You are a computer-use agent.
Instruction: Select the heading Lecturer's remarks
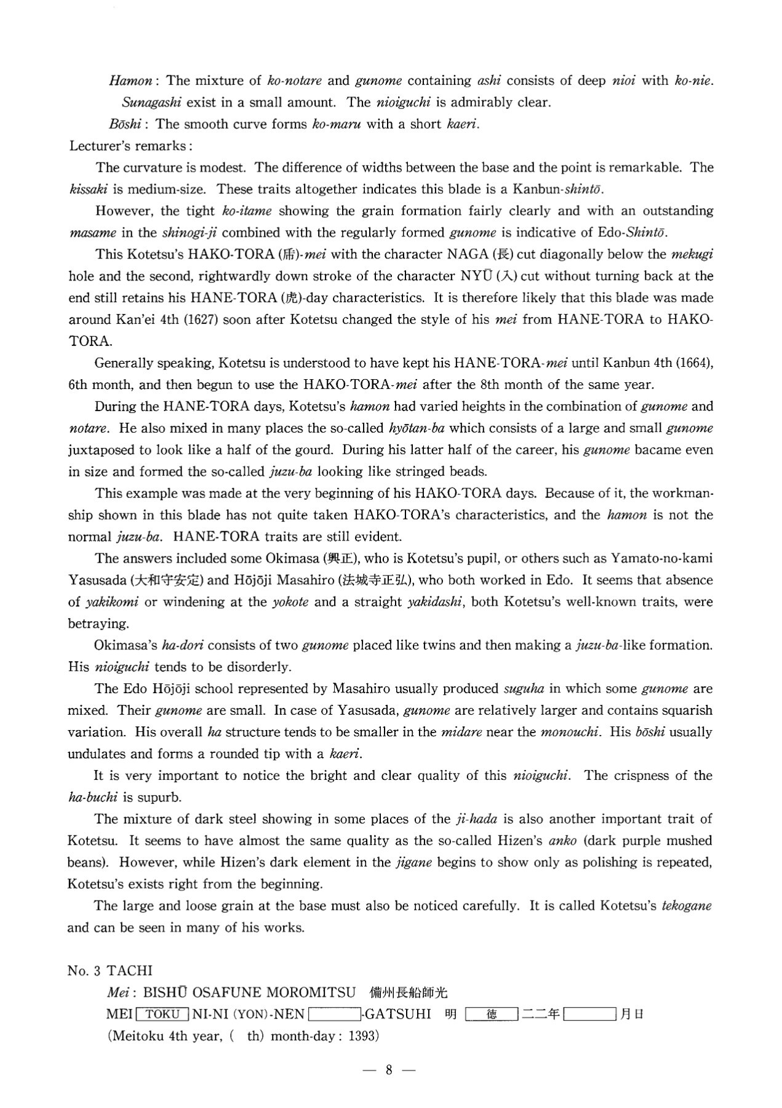click(x=131, y=146)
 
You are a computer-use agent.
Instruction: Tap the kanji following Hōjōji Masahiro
click(x=385, y=580)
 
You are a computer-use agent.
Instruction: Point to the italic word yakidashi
click(x=437, y=602)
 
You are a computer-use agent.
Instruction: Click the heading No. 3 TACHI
click(x=110, y=971)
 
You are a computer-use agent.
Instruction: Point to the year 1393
click(x=361, y=1036)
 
